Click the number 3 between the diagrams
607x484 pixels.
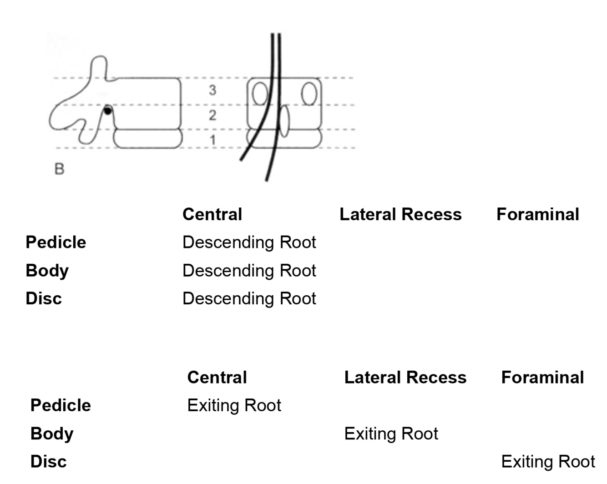point(212,91)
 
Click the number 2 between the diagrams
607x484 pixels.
point(212,116)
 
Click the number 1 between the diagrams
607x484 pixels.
point(212,140)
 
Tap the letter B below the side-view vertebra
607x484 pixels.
point(59,169)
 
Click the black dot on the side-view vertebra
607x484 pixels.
point(107,110)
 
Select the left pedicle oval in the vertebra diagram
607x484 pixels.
point(260,94)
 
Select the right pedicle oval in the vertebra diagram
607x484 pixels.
point(309,93)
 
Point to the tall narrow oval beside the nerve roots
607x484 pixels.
point(284,121)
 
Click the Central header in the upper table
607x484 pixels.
point(212,214)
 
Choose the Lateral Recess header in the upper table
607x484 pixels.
point(400,214)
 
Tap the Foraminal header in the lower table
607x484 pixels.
point(542,378)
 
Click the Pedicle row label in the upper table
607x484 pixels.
point(56,242)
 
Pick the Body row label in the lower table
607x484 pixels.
point(52,434)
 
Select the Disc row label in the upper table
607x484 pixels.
point(44,298)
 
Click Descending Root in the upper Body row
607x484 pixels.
point(249,271)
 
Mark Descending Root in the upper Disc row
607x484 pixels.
point(249,298)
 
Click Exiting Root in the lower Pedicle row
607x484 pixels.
point(234,405)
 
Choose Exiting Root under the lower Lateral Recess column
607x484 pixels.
point(391,434)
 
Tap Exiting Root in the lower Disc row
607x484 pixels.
point(548,462)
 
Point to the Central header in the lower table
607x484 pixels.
point(217,378)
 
